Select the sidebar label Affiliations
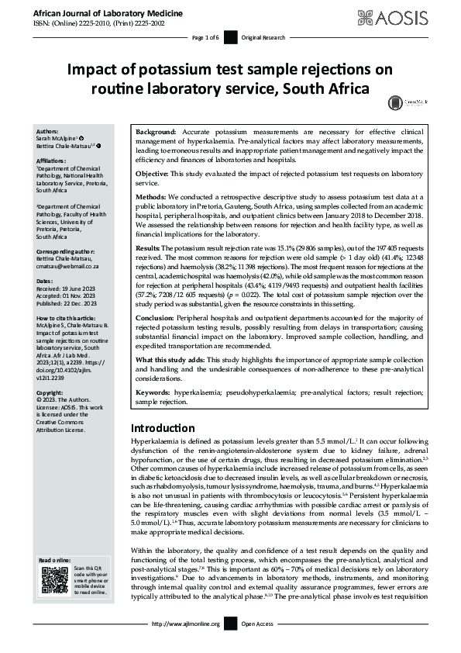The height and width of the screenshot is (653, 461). (x=52, y=160)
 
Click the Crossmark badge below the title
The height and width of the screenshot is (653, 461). (x=397, y=102)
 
